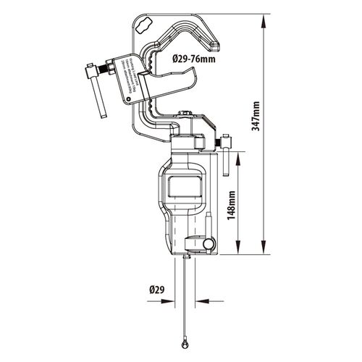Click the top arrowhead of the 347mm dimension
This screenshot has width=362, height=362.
coord(261,16)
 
